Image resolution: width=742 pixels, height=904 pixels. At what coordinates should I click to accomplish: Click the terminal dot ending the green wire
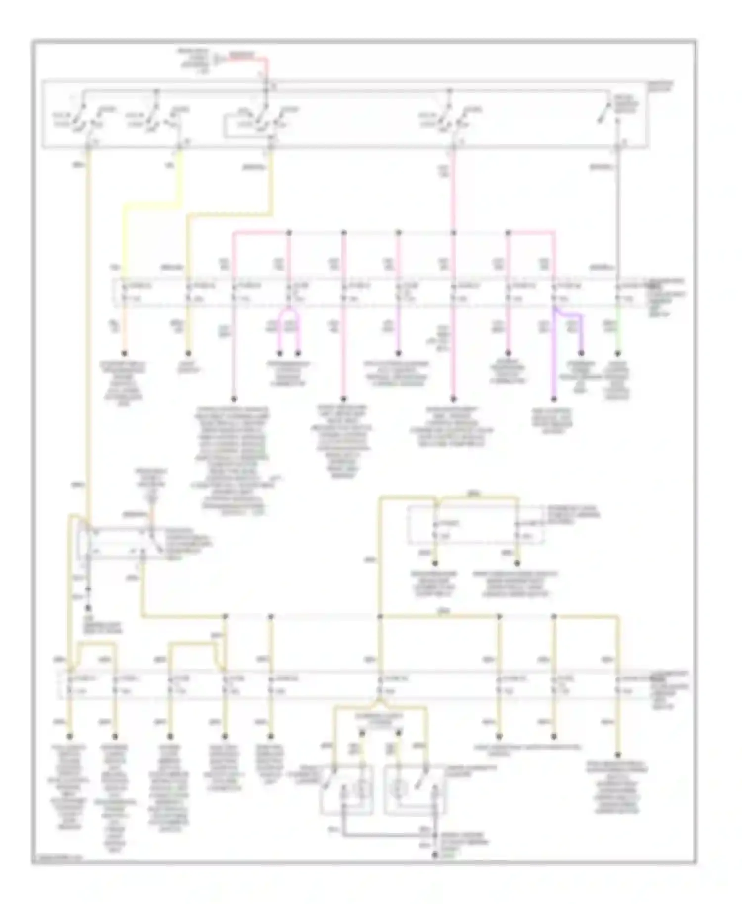(617, 353)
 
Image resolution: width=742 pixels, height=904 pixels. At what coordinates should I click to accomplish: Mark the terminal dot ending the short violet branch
(581, 353)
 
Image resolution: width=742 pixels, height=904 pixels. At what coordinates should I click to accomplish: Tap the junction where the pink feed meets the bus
(454, 232)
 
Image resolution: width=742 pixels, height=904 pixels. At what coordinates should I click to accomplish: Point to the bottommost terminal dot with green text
(435, 855)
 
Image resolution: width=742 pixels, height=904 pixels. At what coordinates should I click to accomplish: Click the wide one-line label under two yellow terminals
(527, 748)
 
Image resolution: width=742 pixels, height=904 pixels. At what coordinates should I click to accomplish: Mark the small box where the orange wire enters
(119, 544)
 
